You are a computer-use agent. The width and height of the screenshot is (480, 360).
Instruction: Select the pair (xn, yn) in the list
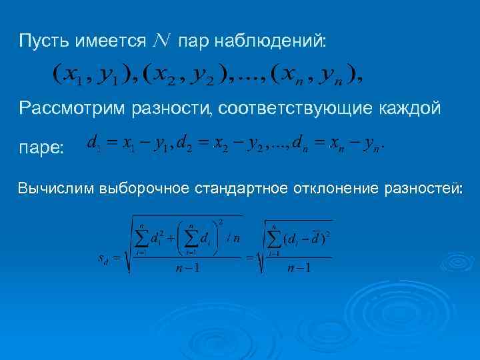313,75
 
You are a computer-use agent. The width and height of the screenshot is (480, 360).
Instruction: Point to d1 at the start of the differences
93,143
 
